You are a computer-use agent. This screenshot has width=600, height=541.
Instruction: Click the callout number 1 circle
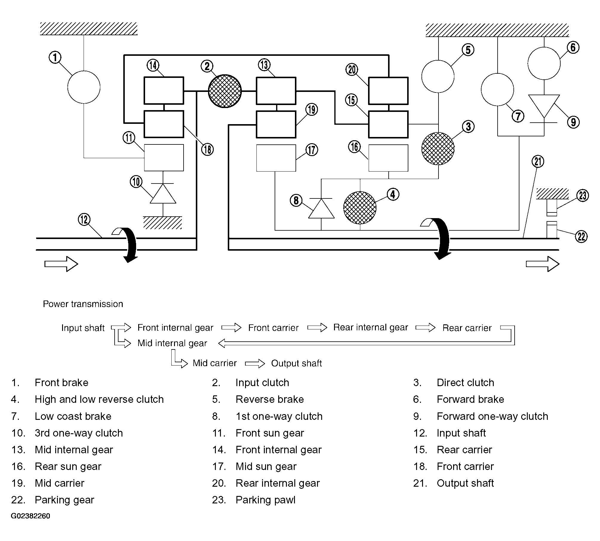click(x=55, y=57)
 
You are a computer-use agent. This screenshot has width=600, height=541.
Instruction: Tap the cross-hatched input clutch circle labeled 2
click(x=225, y=91)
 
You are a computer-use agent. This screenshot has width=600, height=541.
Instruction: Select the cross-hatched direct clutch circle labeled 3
click(x=438, y=149)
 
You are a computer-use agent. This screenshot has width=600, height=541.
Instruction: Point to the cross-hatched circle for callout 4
click(x=360, y=208)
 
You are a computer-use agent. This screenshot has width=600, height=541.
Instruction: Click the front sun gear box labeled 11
click(x=164, y=158)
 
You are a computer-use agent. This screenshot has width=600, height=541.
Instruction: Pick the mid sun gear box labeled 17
click(x=276, y=158)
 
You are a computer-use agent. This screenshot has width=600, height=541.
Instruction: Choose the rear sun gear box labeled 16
click(x=388, y=158)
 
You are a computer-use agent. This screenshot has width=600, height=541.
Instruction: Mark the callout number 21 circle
click(x=538, y=161)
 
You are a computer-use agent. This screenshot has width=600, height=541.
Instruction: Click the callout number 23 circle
click(x=583, y=196)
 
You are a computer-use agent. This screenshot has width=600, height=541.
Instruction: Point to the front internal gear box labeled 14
click(x=164, y=90)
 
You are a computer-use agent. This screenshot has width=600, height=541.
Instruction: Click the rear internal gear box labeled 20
click(x=388, y=91)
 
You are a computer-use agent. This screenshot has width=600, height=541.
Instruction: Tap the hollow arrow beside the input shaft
click(x=61, y=264)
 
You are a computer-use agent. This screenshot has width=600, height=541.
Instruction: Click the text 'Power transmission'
click(x=83, y=304)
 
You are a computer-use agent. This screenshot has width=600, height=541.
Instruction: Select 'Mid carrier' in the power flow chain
click(x=215, y=363)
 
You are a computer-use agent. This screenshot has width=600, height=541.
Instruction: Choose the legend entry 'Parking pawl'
click(x=265, y=500)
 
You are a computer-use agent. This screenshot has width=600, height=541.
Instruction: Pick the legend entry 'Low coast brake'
click(x=73, y=416)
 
